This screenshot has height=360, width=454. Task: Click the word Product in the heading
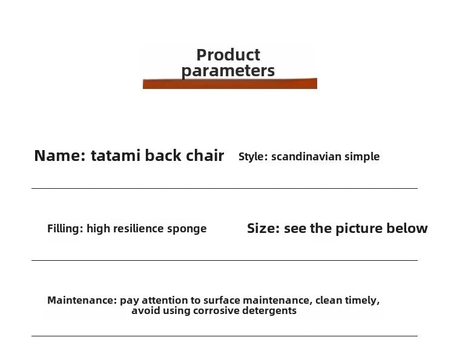228,55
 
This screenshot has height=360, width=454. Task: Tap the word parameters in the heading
228,71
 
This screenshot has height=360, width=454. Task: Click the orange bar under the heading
229,83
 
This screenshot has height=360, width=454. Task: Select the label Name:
60,155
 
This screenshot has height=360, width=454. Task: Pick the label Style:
253,157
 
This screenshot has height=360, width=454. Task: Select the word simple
362,157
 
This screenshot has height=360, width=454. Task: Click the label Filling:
65,229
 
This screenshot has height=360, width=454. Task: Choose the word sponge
186,229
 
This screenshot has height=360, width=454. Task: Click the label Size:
263,229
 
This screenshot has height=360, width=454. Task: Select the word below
411,229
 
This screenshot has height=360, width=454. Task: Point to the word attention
165,300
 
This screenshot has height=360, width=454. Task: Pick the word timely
362,301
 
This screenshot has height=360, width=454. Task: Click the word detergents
271,311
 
